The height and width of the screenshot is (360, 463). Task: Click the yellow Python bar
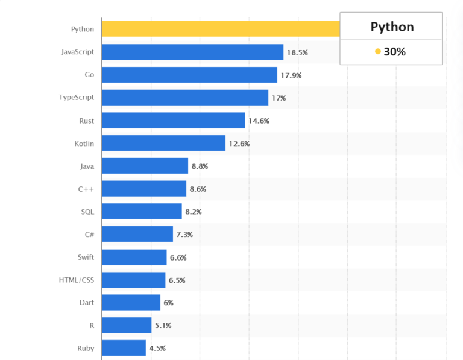click(221, 29)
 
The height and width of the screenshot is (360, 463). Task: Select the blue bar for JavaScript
click(192, 52)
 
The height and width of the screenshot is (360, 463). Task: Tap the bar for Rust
click(173, 121)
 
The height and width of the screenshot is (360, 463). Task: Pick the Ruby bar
click(124, 348)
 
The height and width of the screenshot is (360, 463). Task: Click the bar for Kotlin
click(163, 144)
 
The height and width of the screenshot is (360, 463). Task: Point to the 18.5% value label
click(297, 52)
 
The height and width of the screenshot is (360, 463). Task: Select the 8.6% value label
click(198, 189)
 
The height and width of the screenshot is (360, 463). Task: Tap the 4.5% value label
click(157, 348)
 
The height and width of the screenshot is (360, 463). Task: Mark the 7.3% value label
click(184, 234)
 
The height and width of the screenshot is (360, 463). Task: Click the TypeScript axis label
click(76, 98)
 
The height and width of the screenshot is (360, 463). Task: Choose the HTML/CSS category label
click(76, 280)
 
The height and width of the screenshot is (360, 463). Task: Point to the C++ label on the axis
click(86, 189)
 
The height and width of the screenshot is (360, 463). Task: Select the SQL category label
click(87, 212)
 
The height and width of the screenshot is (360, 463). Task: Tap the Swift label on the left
click(85, 257)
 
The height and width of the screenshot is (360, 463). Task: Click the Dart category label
click(86, 302)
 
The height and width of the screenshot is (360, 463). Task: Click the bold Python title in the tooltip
click(392, 27)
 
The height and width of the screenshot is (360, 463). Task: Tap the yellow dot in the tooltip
click(378, 52)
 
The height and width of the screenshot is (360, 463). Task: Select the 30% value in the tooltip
click(395, 52)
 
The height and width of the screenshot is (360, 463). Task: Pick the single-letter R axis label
click(91, 325)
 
